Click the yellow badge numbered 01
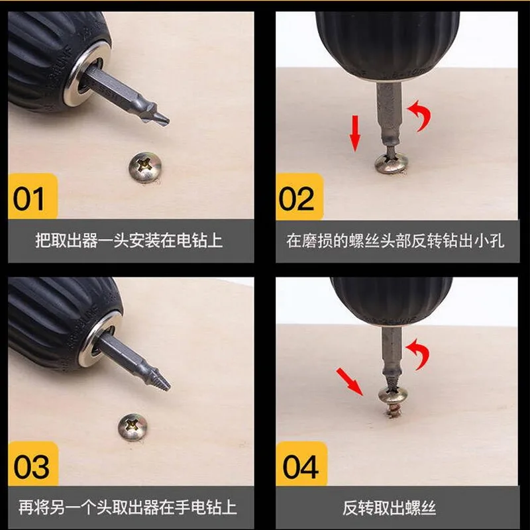[x=32, y=196]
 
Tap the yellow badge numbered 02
[x=299, y=196]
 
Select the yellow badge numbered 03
[x=33, y=463]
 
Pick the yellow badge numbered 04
[x=301, y=463]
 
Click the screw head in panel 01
[x=145, y=167]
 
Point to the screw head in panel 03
[x=133, y=427]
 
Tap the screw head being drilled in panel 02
[x=392, y=164]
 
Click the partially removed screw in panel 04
[x=393, y=401]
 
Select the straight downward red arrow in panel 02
[x=355, y=133]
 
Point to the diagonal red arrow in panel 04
[x=350, y=382]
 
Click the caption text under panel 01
[x=129, y=240]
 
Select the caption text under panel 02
[x=396, y=240]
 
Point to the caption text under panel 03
[x=127, y=507]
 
